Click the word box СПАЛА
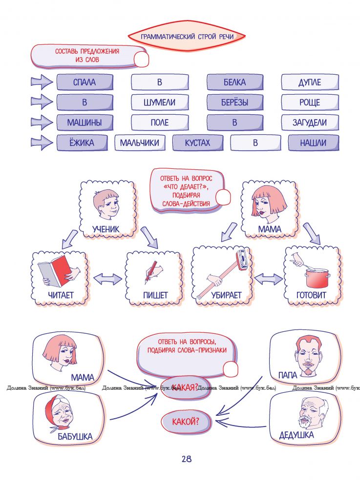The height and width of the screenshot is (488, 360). pos(85,82)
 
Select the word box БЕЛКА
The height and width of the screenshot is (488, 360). pos(234,82)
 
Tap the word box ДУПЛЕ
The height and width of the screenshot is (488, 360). pos(310,82)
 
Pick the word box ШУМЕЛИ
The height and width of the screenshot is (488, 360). pos(159,102)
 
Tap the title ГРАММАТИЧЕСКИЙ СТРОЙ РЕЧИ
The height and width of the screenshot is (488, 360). pos(186,37)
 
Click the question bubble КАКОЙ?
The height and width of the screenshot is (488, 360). pos(186,421)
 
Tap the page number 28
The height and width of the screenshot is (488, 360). pos(186,459)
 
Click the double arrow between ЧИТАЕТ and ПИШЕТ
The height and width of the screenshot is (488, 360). pos(107,279)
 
